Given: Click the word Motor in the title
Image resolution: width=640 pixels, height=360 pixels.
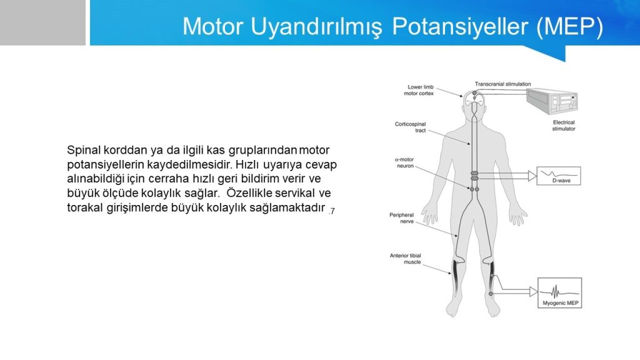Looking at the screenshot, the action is (x=213, y=26).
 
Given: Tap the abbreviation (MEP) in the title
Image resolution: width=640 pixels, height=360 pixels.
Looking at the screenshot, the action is (x=570, y=27).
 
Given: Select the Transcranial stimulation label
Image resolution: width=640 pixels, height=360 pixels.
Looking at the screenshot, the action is (x=503, y=84).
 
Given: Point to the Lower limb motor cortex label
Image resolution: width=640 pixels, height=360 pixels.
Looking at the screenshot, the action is (x=419, y=90).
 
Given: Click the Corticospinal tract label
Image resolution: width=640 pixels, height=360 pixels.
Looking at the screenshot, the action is (x=410, y=127).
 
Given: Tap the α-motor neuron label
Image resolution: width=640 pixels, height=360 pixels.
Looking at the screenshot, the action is (x=404, y=163).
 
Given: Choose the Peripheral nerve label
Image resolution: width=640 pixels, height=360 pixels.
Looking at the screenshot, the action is (x=402, y=218).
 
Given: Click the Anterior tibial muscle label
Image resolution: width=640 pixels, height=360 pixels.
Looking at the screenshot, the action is (x=405, y=259).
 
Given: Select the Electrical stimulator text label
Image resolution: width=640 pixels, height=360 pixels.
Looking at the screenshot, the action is (x=564, y=125).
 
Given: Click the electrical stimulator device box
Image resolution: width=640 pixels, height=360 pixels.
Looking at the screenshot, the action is (x=552, y=101).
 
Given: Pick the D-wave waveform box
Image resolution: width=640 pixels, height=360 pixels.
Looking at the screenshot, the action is (x=558, y=176).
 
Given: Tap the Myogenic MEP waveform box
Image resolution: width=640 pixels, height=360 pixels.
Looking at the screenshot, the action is (x=559, y=292).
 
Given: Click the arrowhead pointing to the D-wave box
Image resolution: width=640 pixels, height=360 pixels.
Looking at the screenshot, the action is (x=532, y=176).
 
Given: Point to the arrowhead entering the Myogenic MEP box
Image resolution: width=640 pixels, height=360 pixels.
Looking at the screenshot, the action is (x=533, y=291).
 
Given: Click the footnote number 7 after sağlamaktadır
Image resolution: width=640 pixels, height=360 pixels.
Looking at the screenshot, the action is (x=331, y=211).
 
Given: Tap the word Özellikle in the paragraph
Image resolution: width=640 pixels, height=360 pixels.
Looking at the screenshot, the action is (x=249, y=192).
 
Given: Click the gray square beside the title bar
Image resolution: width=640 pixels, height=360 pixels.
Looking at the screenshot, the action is (x=43, y=22).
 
